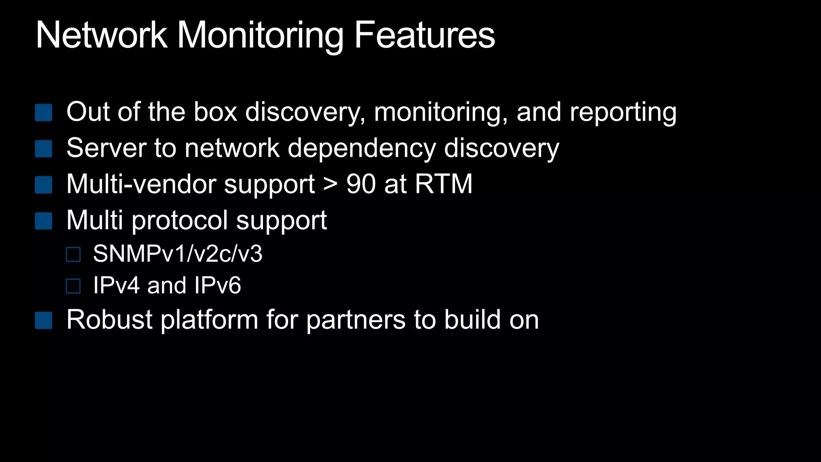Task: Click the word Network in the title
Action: pos(101,35)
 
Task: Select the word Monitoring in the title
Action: pos(260,36)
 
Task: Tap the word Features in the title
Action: pos(425,35)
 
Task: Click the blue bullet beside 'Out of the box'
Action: pos(43,112)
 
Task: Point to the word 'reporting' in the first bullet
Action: pos(623,112)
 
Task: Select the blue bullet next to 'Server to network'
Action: pos(43,148)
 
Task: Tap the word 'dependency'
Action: pos(362,148)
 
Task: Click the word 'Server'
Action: pos(106,148)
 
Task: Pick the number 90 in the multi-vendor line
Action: pos(361,184)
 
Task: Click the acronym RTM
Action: pos(444,184)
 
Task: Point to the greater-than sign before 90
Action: pos(330,184)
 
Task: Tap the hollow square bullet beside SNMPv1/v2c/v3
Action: pos(73,254)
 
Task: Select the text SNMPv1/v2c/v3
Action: pos(178,254)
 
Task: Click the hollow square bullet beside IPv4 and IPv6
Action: pos(73,286)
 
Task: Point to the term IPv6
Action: pos(217,286)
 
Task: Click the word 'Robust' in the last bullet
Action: pos(109,320)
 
